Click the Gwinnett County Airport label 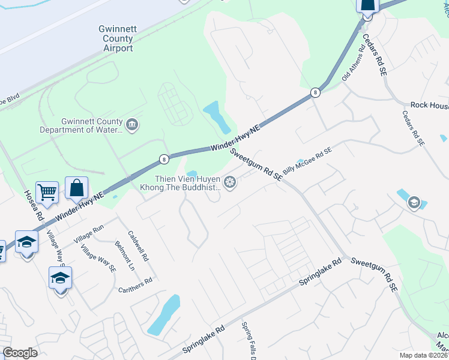coord(116,38)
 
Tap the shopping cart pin coord(47,192)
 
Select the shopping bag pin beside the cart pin coord(77,188)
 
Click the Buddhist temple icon coord(229,182)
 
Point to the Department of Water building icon coord(133,125)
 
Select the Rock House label coord(429,105)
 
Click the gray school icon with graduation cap coord(413,203)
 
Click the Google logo coord(20,353)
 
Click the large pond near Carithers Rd coord(164,314)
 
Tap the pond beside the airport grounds coord(217,116)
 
